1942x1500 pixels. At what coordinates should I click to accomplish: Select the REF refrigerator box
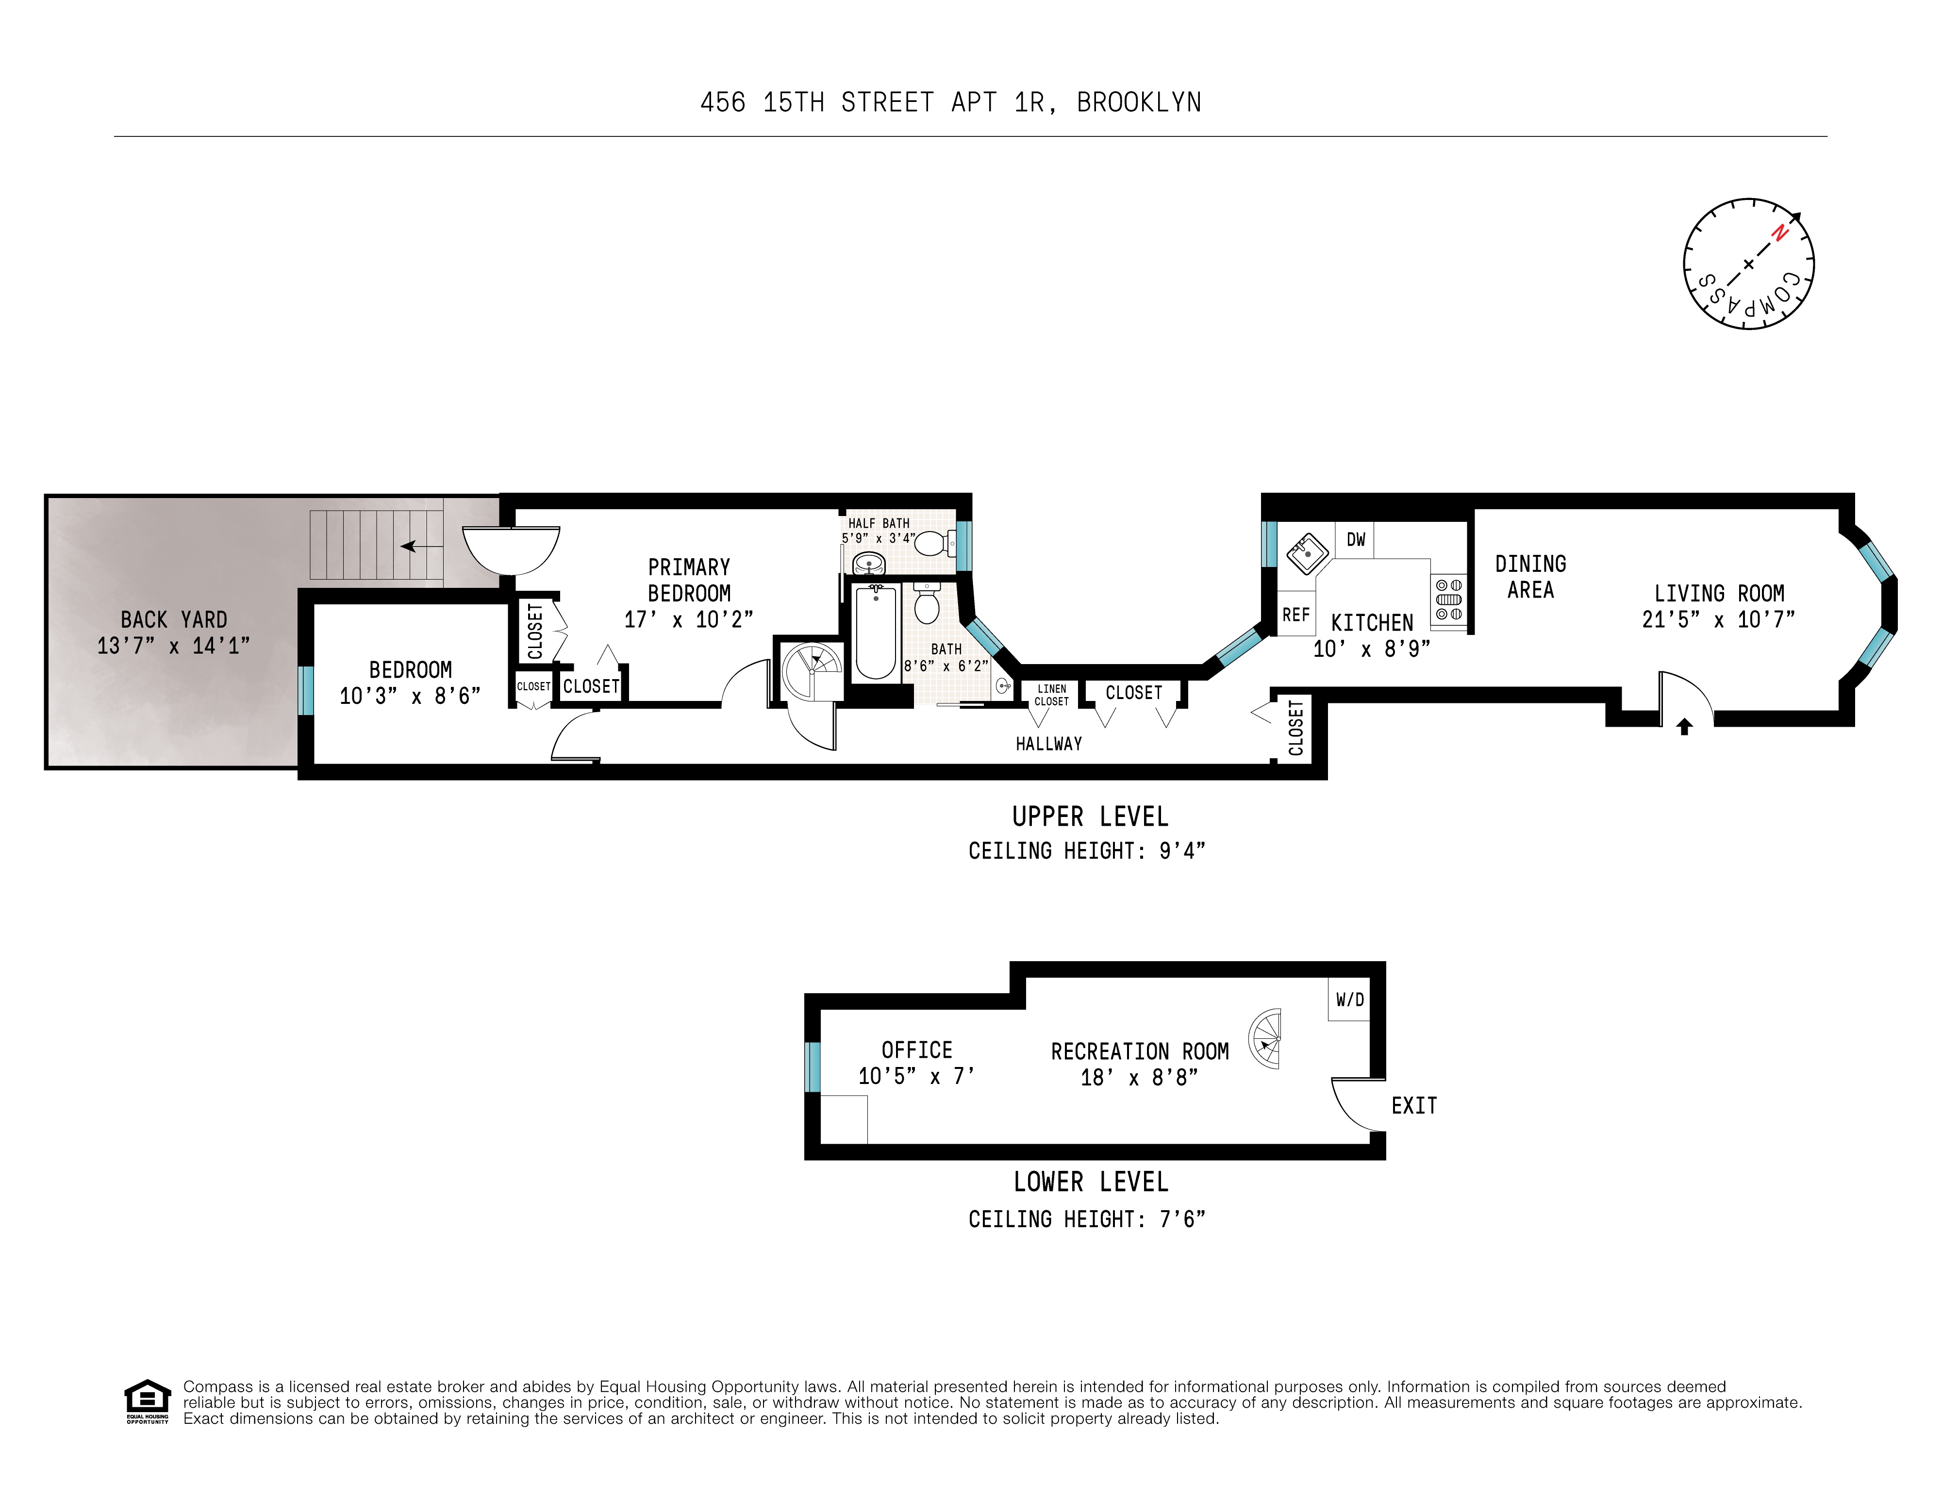pos(1295,615)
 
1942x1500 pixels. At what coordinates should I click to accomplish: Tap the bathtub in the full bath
pos(876,631)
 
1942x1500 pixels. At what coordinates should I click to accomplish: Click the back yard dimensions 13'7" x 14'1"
pos(173,646)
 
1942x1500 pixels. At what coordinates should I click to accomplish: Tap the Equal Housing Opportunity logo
pos(147,1400)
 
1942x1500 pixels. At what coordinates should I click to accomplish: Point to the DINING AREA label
pos(1530,576)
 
